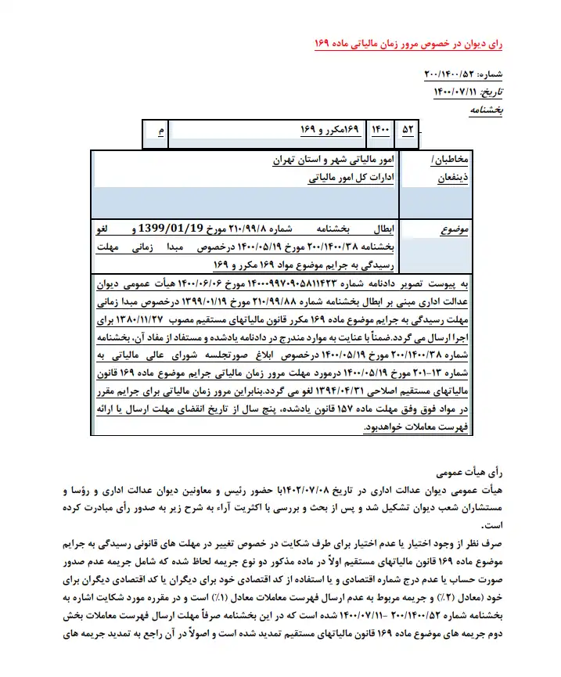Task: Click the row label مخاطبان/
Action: (x=450, y=160)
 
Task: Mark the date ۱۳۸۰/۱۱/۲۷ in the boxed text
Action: (x=172, y=320)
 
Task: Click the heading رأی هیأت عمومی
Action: (x=457, y=474)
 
